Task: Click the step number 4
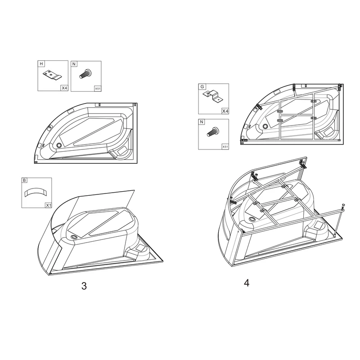(246, 283)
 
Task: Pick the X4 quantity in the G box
(225, 111)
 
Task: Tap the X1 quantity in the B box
(48, 205)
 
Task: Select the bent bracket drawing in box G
(213, 96)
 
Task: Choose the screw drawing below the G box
(212, 133)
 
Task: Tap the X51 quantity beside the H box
(97, 89)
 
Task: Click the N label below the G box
(202, 122)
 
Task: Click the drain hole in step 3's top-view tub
(59, 145)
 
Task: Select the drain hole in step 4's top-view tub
(265, 126)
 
